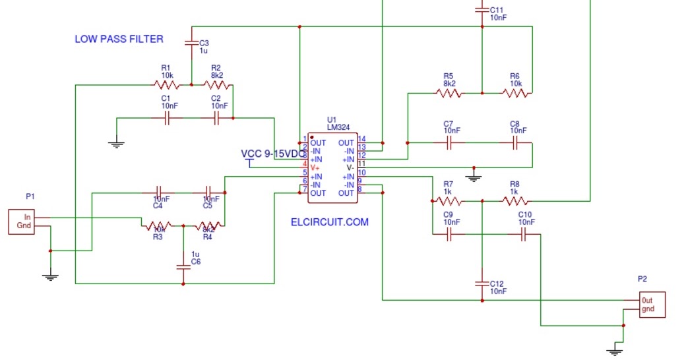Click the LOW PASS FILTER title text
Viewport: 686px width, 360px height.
click(119, 39)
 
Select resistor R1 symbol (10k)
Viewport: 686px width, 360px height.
click(166, 84)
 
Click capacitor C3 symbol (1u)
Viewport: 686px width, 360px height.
click(191, 43)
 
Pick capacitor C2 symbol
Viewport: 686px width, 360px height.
click(217, 119)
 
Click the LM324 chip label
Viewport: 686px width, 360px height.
click(338, 127)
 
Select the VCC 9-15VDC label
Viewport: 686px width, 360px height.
click(273, 154)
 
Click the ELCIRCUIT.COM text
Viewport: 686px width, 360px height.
click(329, 222)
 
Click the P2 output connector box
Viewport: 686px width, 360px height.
click(652, 304)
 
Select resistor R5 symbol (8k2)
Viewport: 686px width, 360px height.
click(449, 93)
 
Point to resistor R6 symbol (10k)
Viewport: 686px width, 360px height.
click(515, 93)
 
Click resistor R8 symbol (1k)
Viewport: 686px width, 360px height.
click(514, 201)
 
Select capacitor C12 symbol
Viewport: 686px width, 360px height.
click(482, 284)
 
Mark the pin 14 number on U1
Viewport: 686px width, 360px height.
click(361, 138)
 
